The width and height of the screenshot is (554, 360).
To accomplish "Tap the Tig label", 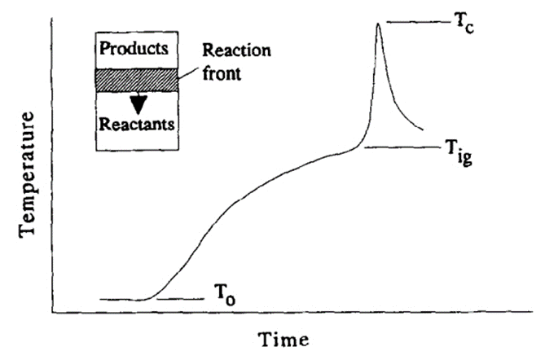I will (458, 151).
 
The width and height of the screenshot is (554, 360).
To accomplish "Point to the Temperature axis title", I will (29, 174).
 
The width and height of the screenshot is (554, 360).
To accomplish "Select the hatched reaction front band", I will (137, 79).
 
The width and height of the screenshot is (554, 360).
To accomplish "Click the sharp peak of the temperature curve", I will (377, 24).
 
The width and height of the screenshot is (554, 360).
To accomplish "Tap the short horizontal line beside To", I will (179, 299).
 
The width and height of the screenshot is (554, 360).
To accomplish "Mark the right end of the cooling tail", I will (422, 129).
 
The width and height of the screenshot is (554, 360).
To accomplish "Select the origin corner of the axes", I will (53, 311).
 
